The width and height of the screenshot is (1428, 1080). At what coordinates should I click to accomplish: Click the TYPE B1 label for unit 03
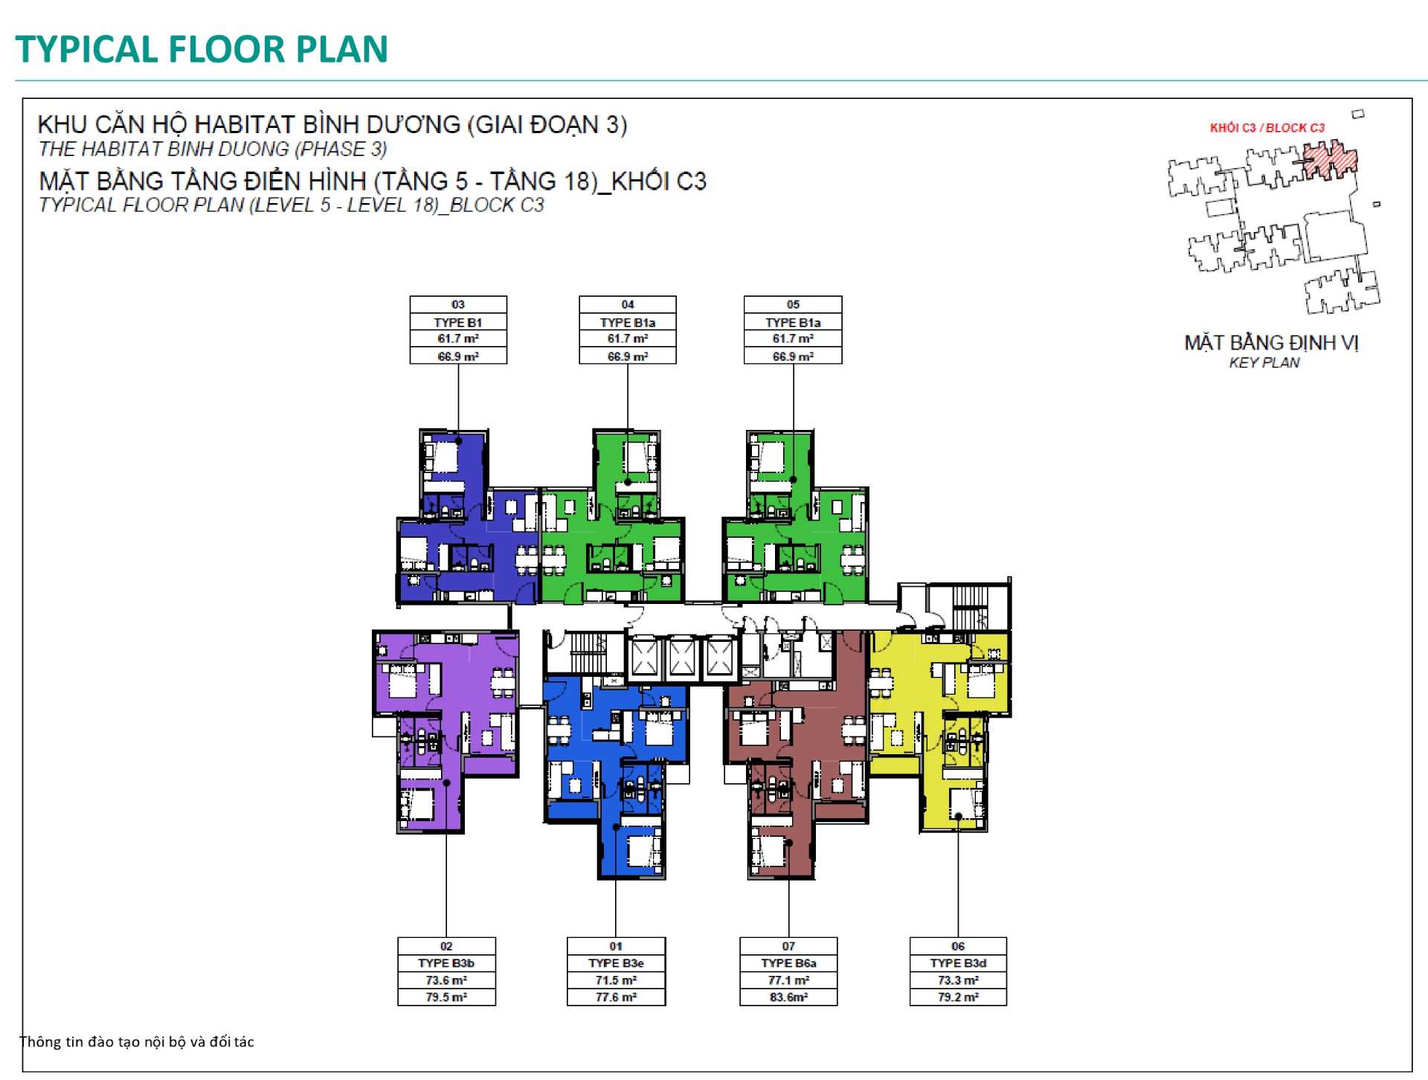(x=458, y=322)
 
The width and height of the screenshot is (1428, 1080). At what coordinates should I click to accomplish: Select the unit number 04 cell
(x=628, y=304)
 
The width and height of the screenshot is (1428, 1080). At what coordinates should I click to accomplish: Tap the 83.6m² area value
(x=788, y=997)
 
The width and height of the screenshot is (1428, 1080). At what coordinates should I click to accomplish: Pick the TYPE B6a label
(x=788, y=963)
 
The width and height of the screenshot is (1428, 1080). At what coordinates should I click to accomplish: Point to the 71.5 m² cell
(x=616, y=980)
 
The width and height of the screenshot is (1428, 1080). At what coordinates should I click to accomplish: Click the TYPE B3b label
(x=446, y=963)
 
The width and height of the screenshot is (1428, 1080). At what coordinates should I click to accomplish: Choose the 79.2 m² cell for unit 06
(x=958, y=997)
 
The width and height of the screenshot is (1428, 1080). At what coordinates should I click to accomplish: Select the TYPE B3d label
(x=958, y=963)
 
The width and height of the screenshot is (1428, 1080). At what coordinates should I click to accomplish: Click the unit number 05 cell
(x=793, y=304)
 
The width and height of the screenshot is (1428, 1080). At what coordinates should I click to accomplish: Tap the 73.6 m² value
(x=446, y=980)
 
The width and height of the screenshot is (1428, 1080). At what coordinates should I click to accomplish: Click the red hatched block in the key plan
(x=1330, y=159)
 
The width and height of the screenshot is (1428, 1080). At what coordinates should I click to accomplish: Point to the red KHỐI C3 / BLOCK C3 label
(x=1267, y=128)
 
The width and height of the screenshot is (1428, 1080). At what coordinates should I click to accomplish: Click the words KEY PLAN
(x=1264, y=363)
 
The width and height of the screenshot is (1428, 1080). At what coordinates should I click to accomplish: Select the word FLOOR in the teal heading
(x=227, y=49)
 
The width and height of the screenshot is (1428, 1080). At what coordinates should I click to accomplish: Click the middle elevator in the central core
(x=682, y=658)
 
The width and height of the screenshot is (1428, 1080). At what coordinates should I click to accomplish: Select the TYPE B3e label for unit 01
(x=616, y=963)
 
